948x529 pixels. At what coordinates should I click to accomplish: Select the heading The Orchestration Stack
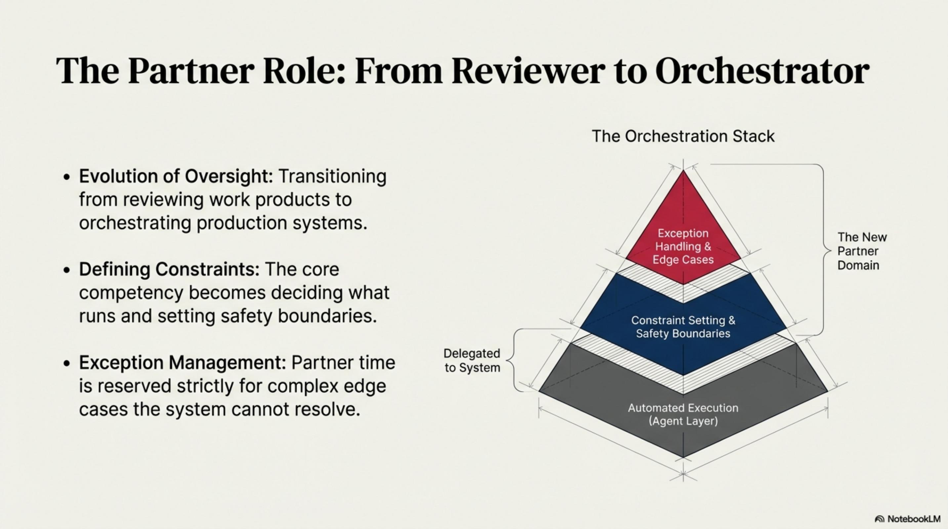tap(683, 136)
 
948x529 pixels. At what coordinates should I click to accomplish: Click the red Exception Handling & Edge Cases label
tap(683, 246)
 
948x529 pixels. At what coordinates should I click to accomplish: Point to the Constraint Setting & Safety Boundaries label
tap(683, 327)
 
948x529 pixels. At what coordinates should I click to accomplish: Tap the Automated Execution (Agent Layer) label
tap(683, 414)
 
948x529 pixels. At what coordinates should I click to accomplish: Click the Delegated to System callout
tap(472, 360)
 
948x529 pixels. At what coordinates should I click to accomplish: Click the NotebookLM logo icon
tap(880, 519)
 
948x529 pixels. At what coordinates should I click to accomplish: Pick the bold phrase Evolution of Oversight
tap(176, 176)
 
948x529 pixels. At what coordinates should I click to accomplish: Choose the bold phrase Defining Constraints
tap(169, 269)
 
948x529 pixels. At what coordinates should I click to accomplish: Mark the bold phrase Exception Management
tap(183, 363)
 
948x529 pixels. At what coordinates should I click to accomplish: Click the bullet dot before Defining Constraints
tap(66, 270)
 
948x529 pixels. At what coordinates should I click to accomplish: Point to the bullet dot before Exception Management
tap(66, 364)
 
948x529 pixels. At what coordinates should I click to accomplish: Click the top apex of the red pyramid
tap(683, 171)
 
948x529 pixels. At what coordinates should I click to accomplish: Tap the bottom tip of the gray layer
tap(683, 457)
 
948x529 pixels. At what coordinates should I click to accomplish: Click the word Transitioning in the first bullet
tap(332, 176)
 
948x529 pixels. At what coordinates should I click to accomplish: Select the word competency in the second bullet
tap(131, 293)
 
